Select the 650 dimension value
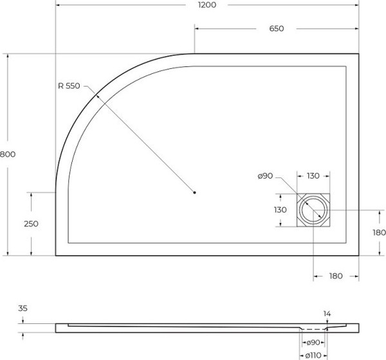[x=276, y=29]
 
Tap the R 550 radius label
[x=69, y=87]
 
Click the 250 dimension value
[x=31, y=224]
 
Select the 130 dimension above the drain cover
[x=313, y=176]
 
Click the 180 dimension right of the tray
[x=378, y=232]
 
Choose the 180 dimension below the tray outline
[x=335, y=276]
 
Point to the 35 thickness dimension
[x=23, y=309]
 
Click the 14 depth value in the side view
[x=327, y=314]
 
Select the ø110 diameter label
[x=313, y=355]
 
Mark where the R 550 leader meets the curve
[x=96, y=96]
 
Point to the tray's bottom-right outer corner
[x=358, y=256]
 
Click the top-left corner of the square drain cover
[x=298, y=195]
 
